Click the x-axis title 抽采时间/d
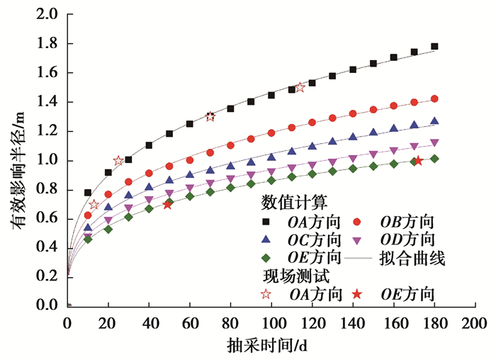click(x=272, y=347)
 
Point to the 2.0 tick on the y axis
click(x=47, y=15)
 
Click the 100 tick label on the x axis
click(x=271, y=325)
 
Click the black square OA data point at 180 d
click(x=434, y=47)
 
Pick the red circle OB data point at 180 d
click(x=434, y=99)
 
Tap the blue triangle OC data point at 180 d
click(x=434, y=121)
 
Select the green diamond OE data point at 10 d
click(x=88, y=239)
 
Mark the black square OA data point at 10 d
click(x=88, y=193)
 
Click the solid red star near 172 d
click(x=418, y=161)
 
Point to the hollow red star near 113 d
click(x=300, y=87)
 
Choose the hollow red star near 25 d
click(x=118, y=161)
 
